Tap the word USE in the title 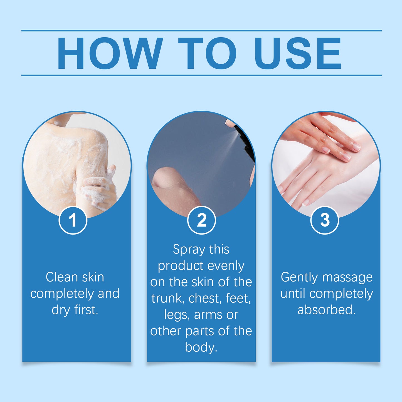[297, 53]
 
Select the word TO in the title [207, 53]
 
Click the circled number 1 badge [73, 220]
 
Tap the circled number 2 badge [201, 220]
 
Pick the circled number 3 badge [325, 220]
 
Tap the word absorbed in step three [326, 310]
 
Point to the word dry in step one [61, 310]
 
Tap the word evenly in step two [226, 266]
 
